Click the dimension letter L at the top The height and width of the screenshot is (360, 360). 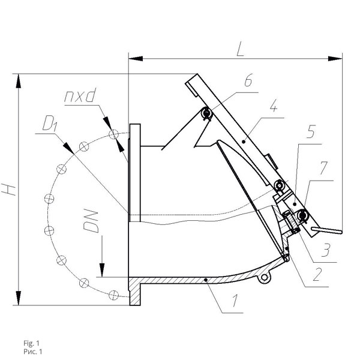[x=240, y=49]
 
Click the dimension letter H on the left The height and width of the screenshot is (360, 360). [x=9, y=190]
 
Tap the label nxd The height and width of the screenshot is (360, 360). [x=79, y=96]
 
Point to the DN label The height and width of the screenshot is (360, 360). [x=91, y=221]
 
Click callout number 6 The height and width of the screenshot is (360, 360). [x=248, y=80]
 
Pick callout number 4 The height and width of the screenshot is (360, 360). [x=273, y=105]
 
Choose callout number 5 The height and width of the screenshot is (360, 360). [x=311, y=131]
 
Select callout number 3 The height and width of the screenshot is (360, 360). [x=326, y=250]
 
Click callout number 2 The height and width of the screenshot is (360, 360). [x=317, y=274]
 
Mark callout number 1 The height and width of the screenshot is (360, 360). [x=235, y=300]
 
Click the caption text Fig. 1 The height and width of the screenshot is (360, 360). [x=31, y=343]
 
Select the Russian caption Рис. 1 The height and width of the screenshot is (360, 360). [x=33, y=352]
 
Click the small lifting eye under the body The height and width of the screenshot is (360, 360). [x=264, y=278]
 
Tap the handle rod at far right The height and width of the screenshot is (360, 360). [x=327, y=230]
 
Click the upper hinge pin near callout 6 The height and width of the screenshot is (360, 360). [x=206, y=113]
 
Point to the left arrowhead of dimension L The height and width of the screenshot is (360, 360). [x=136, y=59]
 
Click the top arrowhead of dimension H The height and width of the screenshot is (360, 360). [x=19, y=81]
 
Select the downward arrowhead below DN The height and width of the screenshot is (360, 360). [x=102, y=270]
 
